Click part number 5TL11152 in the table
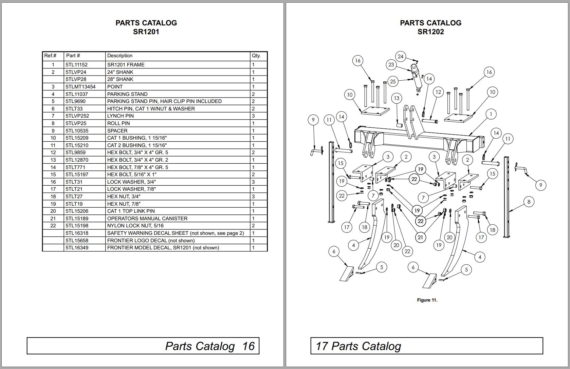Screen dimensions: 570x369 tap(76, 65)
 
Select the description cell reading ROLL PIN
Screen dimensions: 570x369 tap(118, 123)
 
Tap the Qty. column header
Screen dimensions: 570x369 tap(256, 56)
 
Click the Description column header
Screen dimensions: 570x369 tap(119, 56)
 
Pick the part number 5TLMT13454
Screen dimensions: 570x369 tap(80, 87)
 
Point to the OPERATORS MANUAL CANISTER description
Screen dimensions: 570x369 tap(147, 219)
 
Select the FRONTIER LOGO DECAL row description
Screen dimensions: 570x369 tap(151, 241)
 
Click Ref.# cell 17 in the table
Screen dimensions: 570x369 tap(53, 189)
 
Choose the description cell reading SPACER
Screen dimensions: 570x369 tap(117, 130)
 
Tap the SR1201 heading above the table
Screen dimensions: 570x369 tap(146, 32)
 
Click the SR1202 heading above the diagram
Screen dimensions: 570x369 tap(430, 32)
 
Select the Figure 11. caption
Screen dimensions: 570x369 tap(427, 300)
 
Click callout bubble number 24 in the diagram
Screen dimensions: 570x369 tap(401, 56)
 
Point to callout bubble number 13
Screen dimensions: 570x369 tap(397, 98)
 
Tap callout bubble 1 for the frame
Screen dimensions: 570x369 tap(491, 114)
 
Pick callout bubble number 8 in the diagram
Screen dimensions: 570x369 tap(529, 202)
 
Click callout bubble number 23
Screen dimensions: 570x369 tap(391, 65)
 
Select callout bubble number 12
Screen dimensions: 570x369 tap(438, 92)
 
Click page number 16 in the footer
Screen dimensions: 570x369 tap(248, 346)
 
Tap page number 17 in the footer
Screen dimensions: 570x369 tap(321, 346)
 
